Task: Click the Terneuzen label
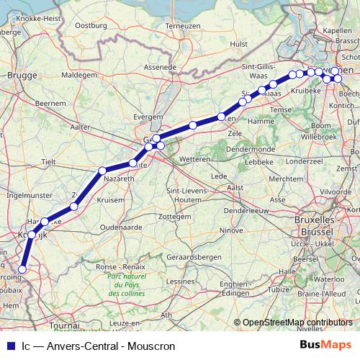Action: click(x=182, y=26)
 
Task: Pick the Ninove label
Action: click(x=232, y=230)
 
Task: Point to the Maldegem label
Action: click(x=80, y=73)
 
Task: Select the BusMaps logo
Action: click(x=325, y=346)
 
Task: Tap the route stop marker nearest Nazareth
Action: click(x=102, y=171)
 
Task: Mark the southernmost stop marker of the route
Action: click(x=22, y=269)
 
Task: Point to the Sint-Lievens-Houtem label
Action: click(x=183, y=194)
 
